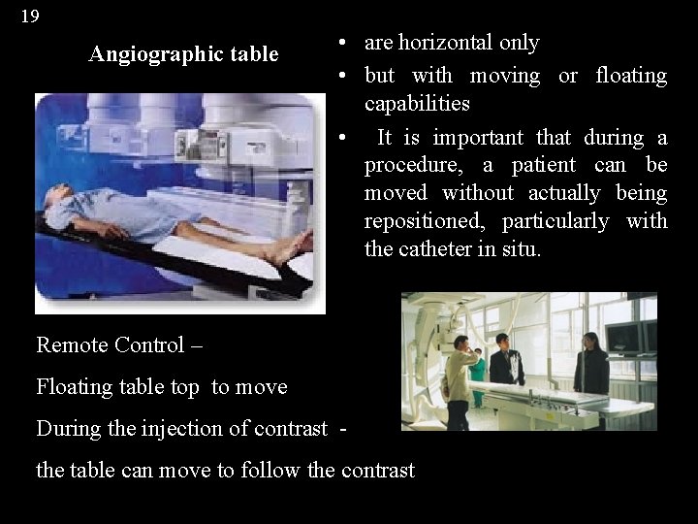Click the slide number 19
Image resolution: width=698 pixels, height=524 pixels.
tap(30, 16)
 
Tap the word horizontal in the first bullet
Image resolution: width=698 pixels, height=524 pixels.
tap(446, 43)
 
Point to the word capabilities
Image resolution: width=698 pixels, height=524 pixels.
tap(417, 104)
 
